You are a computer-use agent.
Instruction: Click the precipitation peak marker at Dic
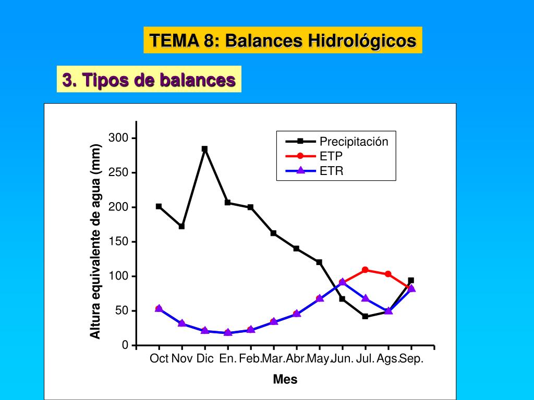204,149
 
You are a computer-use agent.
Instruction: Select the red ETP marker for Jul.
365,270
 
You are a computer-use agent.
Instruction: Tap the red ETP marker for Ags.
388,274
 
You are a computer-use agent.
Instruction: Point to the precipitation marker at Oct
159,206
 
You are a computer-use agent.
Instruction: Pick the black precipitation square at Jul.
365,316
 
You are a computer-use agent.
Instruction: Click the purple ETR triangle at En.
227,332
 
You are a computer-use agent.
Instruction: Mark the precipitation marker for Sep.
411,280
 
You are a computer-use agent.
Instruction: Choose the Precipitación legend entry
354,142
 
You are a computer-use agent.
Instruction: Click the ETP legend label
331,156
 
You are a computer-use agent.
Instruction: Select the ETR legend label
332,170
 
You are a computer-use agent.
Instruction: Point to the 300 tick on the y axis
118,138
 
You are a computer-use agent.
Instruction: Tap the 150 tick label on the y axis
118,242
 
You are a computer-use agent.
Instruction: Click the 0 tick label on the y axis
125,345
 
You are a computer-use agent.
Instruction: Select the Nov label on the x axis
182,358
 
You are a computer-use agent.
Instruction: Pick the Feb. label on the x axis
250,358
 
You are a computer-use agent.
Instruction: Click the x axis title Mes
285,380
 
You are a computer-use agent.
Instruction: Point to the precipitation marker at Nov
181,226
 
